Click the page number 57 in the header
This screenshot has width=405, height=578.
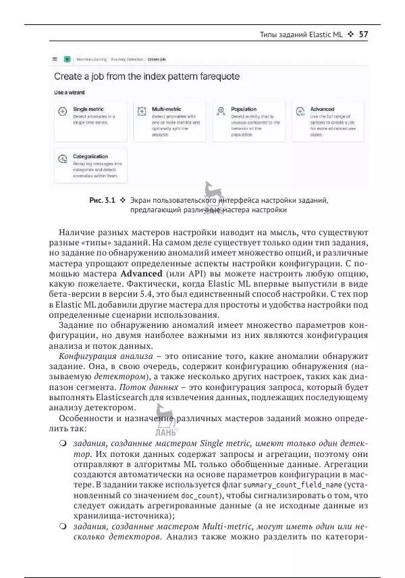(364, 34)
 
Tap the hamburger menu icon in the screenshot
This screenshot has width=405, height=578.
(55, 59)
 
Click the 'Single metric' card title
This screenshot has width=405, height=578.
(88, 109)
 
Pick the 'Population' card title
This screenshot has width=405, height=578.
(244, 109)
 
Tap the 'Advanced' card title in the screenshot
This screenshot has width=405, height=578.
(322, 109)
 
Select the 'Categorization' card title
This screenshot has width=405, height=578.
(90, 156)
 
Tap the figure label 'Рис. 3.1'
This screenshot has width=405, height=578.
(102, 200)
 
